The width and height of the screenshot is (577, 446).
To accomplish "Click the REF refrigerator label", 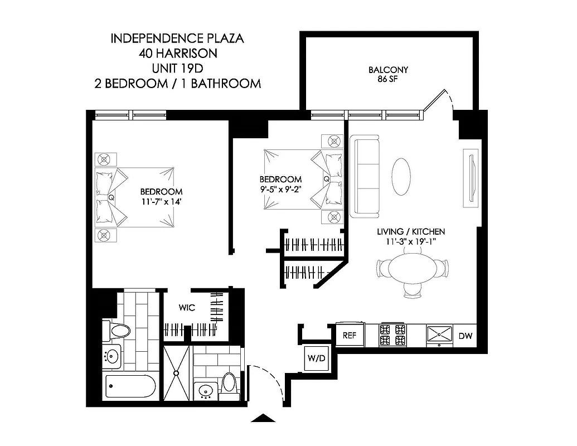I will coord(350,336).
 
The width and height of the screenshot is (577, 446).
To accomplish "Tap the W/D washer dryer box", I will coord(316,358).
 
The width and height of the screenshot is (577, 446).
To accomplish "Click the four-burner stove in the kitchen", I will coord(392,334).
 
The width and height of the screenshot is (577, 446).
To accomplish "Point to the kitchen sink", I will coord(441,334).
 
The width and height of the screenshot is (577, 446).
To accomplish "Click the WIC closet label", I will coord(186,308).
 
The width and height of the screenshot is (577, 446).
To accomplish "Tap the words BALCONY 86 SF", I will coord(389,74).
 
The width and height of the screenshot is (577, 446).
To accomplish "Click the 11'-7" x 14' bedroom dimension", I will coord(162,196).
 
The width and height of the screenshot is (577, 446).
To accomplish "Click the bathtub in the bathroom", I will coord(131,386).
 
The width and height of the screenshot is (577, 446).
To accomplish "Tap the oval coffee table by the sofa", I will coord(401,177).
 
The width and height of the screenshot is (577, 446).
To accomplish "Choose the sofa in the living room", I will coord(365,177).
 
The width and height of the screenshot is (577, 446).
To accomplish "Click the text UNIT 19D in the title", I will coord(178,69).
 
